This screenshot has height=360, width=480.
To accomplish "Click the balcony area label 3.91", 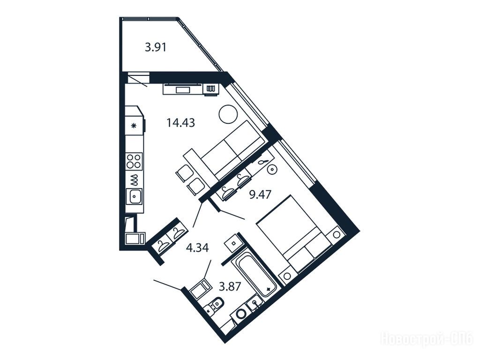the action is point(156,48).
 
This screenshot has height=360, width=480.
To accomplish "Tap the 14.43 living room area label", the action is point(180,123).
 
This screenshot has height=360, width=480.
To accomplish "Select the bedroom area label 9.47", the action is point(260,195).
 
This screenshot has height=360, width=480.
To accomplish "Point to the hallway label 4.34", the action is point(197,247).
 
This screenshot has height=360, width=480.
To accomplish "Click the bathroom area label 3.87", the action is point(230,286).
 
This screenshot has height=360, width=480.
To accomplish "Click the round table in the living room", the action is point(228,114).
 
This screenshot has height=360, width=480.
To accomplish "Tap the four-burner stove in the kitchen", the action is point(134,161).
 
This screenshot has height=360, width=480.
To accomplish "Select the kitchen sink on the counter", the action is point(135,196).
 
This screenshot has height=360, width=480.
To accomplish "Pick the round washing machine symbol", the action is point(241,314).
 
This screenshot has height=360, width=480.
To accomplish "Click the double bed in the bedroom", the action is point(294,234).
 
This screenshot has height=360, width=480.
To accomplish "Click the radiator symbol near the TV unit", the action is point(210,89).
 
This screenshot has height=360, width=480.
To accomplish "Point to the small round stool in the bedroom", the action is point(272,170).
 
